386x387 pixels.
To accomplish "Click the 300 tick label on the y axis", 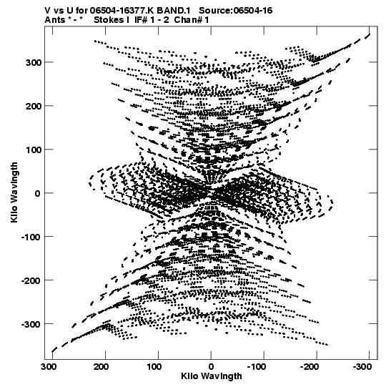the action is point(34,62).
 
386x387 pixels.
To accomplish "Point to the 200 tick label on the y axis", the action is point(34,106).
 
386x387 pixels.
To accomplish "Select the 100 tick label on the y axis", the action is point(34,150).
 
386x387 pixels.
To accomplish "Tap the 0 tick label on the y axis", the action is point(37,193).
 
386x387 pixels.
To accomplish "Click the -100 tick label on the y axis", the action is point(31,237).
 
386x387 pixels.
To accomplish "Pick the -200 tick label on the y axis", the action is point(31,280).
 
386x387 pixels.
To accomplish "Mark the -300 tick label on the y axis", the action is point(31,324).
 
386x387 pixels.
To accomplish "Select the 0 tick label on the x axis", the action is point(211,367).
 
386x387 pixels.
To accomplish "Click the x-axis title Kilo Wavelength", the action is point(212,376).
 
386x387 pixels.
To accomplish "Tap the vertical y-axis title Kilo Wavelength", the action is point(14,192).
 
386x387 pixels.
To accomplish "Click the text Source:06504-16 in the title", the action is point(236,11).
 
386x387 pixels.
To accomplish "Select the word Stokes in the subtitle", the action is point(109,20).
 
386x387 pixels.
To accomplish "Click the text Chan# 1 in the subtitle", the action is point(192,20).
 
